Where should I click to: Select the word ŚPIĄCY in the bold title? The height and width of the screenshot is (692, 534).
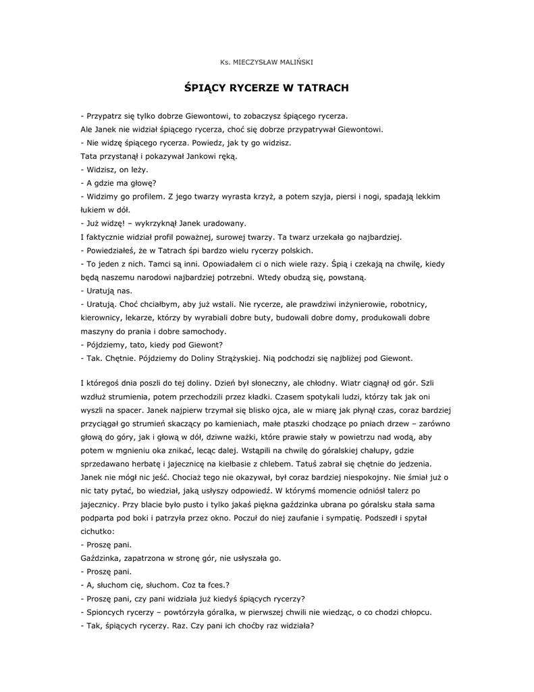coord(205,89)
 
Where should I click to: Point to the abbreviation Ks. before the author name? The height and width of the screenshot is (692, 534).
coord(225,62)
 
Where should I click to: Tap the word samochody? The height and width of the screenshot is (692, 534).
coord(203,331)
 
